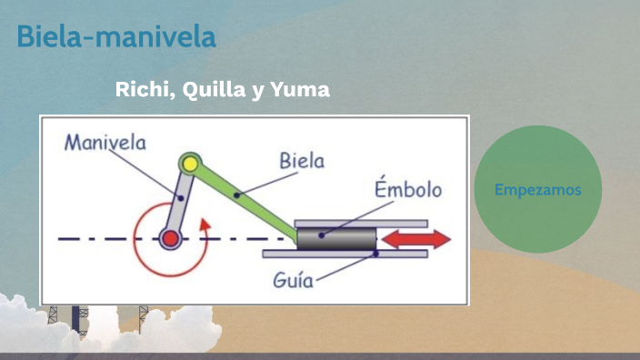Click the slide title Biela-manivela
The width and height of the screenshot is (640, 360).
pyautogui.click(x=116, y=38)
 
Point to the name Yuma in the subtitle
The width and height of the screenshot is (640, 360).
pyautogui.click(x=300, y=90)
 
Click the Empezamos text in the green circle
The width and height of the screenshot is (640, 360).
pyautogui.click(x=537, y=190)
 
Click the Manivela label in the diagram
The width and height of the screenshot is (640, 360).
pyautogui.click(x=105, y=143)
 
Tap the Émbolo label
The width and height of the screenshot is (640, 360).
pyautogui.click(x=408, y=190)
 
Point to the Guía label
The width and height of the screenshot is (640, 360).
pyautogui.click(x=293, y=279)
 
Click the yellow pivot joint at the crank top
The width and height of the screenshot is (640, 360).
pyautogui.click(x=189, y=164)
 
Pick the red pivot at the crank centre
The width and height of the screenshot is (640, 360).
pyautogui.click(x=169, y=239)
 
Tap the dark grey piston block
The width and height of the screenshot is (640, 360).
pyautogui.click(x=337, y=238)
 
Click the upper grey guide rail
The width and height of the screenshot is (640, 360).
pyautogui.click(x=362, y=223)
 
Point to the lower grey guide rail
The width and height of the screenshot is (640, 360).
pyautogui.click(x=345, y=254)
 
